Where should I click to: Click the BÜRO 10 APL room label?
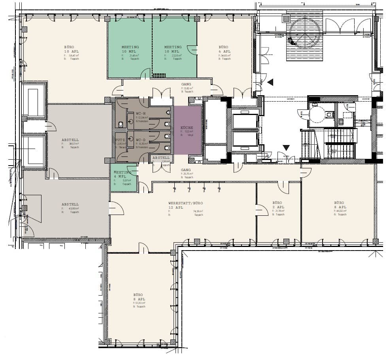[70, 49]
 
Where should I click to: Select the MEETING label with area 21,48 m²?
[130, 49]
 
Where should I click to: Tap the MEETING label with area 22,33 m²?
[173, 49]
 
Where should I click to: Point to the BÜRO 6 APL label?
[224, 49]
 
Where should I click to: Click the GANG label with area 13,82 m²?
[186, 84]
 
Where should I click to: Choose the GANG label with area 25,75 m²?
[186, 170]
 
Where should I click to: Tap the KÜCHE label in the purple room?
[187, 128]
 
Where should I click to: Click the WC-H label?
[141, 113]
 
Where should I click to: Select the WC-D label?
[141, 140]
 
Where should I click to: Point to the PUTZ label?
[120, 140]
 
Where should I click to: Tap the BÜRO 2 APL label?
[278, 205]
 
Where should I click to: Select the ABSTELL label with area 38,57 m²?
[70, 140]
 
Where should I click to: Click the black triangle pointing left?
[270, 82]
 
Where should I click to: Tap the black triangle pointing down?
[286, 148]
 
